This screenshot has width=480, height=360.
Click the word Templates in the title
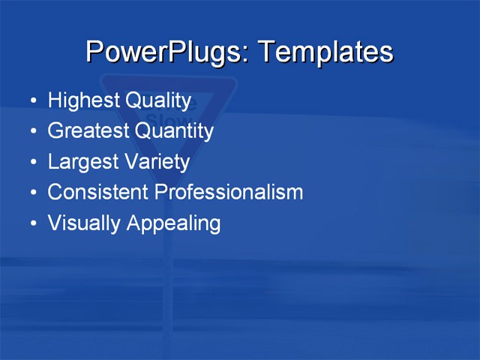tap(325, 52)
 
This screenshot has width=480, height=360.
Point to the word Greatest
tap(88, 131)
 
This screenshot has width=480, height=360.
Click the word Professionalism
tap(229, 192)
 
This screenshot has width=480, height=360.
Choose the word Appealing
tap(173, 223)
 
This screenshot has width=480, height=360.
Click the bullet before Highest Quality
tap(32, 101)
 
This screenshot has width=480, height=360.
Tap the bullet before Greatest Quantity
tap(32, 132)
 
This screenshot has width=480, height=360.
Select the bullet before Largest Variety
tap(32, 163)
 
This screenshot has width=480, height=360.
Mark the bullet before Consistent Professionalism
tap(32, 193)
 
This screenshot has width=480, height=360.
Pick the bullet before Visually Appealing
tap(32, 223)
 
